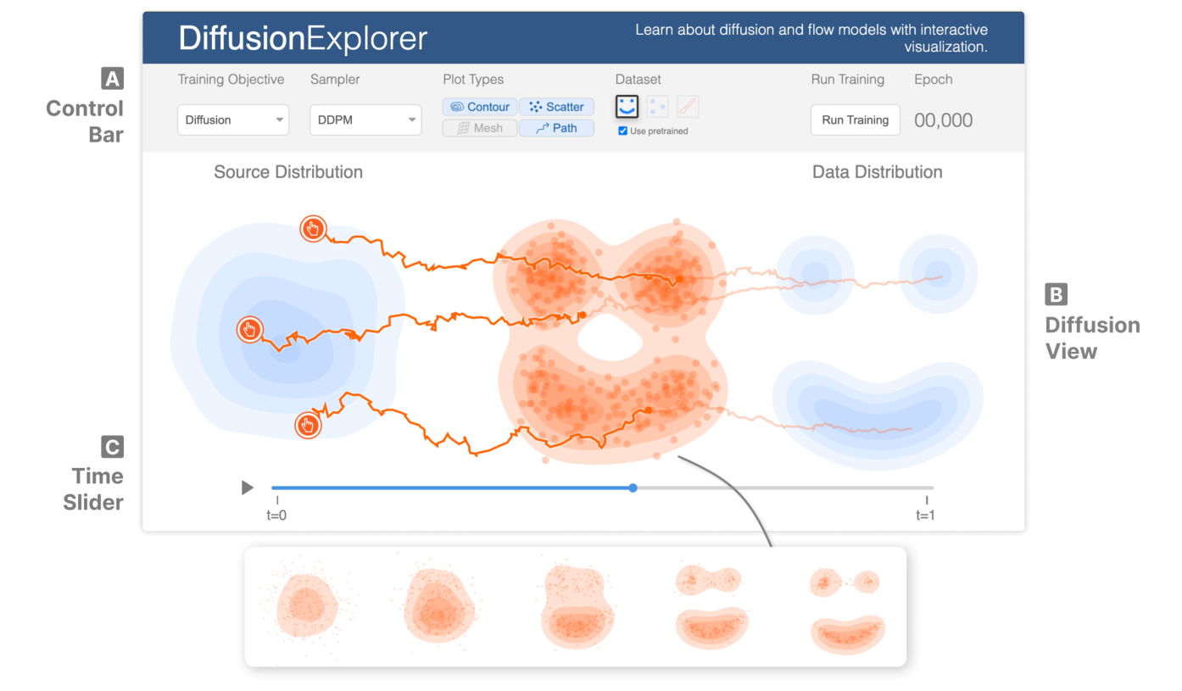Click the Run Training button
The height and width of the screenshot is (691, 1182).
point(855,120)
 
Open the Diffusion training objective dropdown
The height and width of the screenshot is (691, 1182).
point(233,120)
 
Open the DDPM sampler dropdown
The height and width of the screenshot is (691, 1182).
point(365,120)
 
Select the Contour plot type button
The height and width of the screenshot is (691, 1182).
point(480,107)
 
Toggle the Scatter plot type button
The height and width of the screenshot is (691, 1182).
point(556,107)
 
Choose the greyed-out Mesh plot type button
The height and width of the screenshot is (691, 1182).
point(480,128)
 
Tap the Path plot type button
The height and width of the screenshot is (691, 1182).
point(556,128)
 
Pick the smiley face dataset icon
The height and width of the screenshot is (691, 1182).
point(627,107)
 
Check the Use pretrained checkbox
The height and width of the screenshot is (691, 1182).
point(623,131)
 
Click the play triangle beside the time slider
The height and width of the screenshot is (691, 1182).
point(247,488)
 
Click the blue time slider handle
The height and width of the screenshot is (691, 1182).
point(633,488)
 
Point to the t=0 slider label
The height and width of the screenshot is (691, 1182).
point(277,515)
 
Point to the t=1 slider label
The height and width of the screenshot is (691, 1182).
point(926,515)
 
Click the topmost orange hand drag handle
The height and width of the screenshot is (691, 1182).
point(313,228)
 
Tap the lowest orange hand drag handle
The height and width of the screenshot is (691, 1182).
point(308,426)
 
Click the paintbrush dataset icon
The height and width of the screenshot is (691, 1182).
point(688,107)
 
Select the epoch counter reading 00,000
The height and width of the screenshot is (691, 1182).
point(943,120)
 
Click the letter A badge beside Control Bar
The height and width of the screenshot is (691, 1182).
point(112,79)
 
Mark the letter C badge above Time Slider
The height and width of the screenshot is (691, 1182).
point(112,447)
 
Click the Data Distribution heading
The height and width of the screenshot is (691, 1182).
point(877,172)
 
